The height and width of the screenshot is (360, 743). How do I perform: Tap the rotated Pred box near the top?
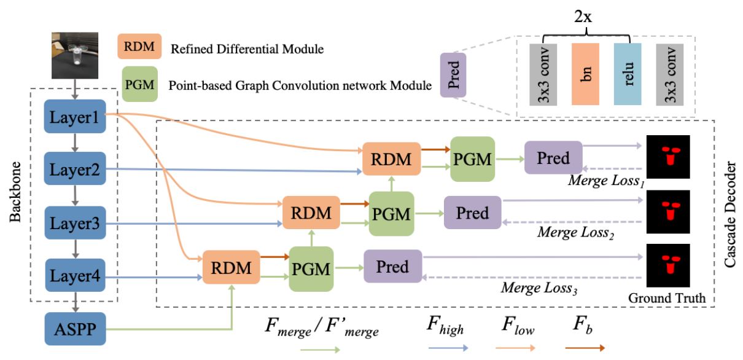[454, 75]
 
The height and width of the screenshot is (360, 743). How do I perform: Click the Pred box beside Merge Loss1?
[553, 158]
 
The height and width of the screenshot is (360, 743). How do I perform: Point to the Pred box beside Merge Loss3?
[392, 267]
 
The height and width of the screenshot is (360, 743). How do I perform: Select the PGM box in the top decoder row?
[472, 159]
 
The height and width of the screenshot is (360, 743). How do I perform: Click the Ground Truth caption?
[666, 299]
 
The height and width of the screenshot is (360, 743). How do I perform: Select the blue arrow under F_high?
[446, 347]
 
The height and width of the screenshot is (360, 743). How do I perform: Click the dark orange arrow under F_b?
[583, 347]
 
